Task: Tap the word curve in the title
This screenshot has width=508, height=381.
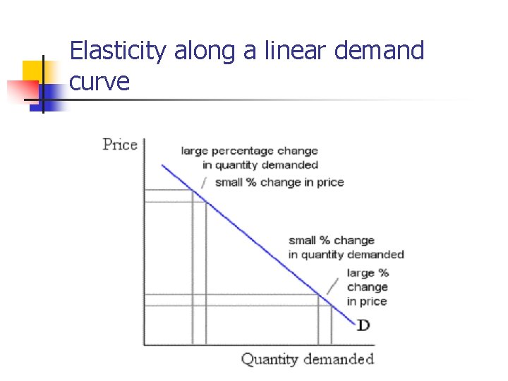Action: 100,82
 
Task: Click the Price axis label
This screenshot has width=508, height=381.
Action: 120,145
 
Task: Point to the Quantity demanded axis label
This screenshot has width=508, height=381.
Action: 307,359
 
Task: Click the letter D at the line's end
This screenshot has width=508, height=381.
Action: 363,325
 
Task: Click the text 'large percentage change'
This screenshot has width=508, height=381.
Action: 249,150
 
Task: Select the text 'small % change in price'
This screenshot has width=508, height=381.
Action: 279,182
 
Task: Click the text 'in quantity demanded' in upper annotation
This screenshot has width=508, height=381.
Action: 260,165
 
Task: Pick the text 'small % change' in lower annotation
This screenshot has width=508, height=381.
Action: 332,241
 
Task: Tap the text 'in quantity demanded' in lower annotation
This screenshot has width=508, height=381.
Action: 346,255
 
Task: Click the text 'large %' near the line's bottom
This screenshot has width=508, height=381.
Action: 368,272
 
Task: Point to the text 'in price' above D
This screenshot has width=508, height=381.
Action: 367,301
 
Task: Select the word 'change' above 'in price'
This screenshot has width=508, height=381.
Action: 368,287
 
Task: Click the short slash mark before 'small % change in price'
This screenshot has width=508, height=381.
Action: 205,183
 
